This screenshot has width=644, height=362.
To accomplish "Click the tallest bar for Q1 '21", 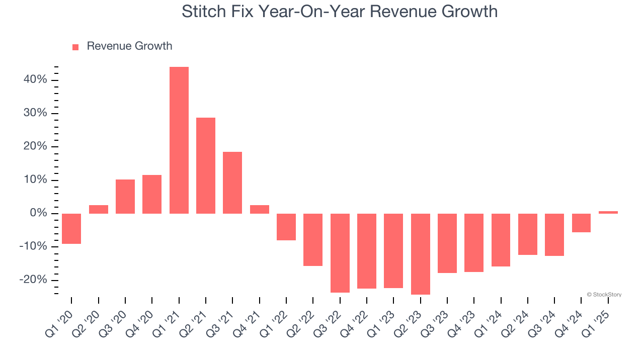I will click(179, 140).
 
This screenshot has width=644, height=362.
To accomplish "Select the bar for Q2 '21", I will click(206, 165).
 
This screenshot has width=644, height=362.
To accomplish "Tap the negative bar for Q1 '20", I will click(71, 229).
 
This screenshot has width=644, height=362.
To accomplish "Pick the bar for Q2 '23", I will click(421, 254).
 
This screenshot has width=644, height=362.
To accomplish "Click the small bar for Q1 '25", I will click(608, 212).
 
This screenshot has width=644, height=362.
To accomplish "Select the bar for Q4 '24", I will click(582, 223).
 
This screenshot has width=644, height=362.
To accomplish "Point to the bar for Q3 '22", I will click(340, 253).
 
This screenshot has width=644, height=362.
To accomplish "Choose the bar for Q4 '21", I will click(260, 209).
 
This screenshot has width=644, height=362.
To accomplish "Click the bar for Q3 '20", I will click(125, 197).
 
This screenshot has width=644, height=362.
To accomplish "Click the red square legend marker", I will click(75, 47).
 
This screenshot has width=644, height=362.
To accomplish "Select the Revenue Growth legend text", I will click(129, 46).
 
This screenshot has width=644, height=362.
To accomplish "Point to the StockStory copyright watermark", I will click(604, 295).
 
